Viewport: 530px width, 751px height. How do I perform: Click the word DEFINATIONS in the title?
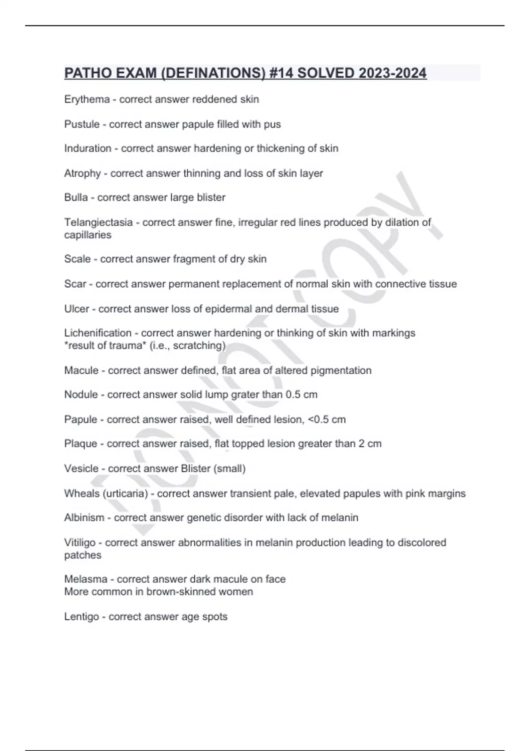click(x=213, y=73)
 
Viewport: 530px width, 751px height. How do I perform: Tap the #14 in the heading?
click(x=280, y=73)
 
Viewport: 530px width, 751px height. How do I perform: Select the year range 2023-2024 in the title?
click(x=393, y=73)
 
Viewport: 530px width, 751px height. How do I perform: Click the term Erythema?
click(x=87, y=99)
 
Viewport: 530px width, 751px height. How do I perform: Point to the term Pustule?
click(x=82, y=124)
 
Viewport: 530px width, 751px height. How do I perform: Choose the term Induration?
click(x=87, y=148)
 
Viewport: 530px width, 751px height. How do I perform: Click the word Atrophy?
click(x=83, y=173)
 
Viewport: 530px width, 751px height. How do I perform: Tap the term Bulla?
click(x=76, y=197)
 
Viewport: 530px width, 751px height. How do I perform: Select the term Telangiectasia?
click(x=98, y=222)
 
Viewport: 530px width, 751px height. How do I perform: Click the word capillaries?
click(x=87, y=235)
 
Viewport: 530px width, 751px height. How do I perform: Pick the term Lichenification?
click(x=98, y=333)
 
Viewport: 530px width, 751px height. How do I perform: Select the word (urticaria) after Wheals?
click(x=125, y=493)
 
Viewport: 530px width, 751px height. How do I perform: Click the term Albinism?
click(x=84, y=518)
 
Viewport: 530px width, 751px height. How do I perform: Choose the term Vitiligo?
click(x=79, y=542)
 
